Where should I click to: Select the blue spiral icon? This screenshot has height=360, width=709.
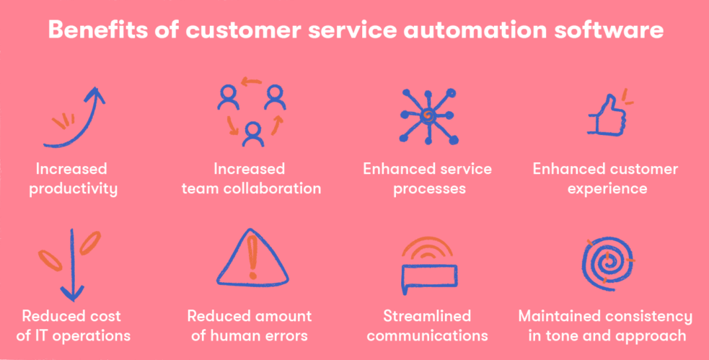(607, 264)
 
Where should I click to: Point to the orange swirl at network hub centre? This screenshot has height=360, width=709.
(426, 117)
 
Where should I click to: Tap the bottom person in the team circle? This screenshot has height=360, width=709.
(253, 135)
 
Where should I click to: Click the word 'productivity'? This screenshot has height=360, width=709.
(74, 188)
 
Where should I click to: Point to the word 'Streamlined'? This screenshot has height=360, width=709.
(427, 316)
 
